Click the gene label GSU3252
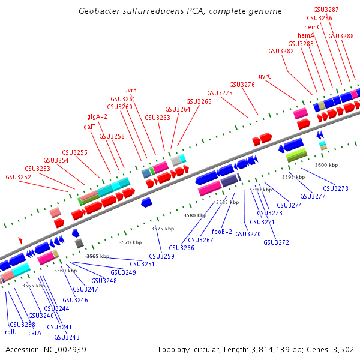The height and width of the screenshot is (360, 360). pyautogui.click(x=18, y=177)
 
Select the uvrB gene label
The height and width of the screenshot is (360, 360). pyautogui.click(x=130, y=90)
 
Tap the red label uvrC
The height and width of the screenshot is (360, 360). pyautogui.click(x=265, y=76)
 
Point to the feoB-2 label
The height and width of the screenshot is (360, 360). pyautogui.click(x=222, y=232)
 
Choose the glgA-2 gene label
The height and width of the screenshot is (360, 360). pyautogui.click(x=97, y=116)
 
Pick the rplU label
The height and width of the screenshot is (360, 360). pyautogui.click(x=11, y=332)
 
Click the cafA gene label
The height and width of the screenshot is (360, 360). pyautogui.click(x=35, y=333)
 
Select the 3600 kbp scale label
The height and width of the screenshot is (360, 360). pyautogui.click(x=326, y=165)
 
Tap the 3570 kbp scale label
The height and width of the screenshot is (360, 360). pyautogui.click(x=130, y=242)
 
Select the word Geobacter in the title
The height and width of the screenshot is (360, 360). pyautogui.click(x=98, y=11)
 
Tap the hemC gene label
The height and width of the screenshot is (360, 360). pyautogui.click(x=313, y=27)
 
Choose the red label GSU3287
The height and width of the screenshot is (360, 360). pyautogui.click(x=326, y=10)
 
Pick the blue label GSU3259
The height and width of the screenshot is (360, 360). pyautogui.click(x=161, y=256)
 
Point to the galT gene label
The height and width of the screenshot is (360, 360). pyautogui.click(x=89, y=127)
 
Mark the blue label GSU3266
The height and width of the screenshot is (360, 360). pyautogui.click(x=181, y=248)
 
